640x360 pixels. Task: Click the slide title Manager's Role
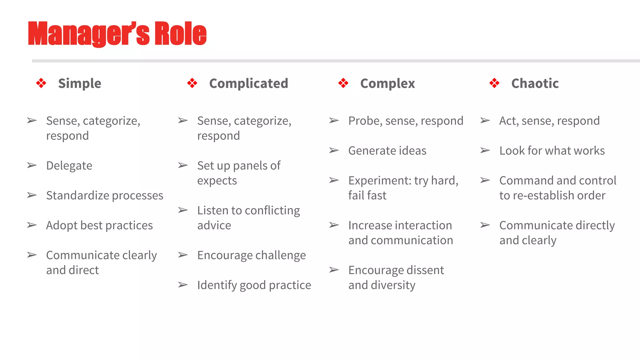(x=117, y=34)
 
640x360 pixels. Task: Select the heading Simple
(x=79, y=83)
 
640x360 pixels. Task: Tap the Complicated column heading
(x=248, y=83)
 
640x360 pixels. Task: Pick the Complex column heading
(x=387, y=83)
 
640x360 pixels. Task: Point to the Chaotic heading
(x=535, y=83)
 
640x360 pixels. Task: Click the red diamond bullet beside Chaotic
(x=494, y=83)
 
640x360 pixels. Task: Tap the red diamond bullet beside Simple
(x=41, y=83)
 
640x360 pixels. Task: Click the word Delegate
(x=69, y=166)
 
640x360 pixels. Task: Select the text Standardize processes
(x=105, y=196)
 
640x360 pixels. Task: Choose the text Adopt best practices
(x=99, y=225)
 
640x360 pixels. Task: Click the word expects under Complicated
(x=217, y=181)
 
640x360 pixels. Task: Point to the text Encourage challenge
(x=252, y=255)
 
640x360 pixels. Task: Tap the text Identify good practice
(x=254, y=285)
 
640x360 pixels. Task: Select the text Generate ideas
(x=387, y=151)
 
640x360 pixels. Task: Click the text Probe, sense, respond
(x=406, y=121)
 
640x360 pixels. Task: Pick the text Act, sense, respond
(x=549, y=121)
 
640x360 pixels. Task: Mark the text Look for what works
(x=552, y=151)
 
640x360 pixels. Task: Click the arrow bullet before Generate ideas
(x=334, y=151)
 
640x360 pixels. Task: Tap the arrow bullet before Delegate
(x=32, y=165)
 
